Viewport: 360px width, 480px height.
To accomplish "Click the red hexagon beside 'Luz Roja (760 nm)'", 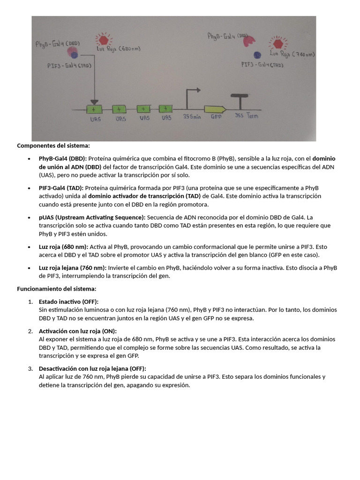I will [x=278, y=45].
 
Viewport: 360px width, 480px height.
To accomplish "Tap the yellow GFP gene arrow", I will [x=215, y=109].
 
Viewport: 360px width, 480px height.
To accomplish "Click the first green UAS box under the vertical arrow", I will [x=94, y=109].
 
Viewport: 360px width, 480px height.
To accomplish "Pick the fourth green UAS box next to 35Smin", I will [x=166, y=109].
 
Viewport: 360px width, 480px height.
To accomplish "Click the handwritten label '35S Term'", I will [x=246, y=116].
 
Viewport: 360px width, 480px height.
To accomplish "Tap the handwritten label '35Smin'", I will [x=192, y=117].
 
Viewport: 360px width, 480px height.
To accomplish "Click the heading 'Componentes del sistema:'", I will [x=53, y=145].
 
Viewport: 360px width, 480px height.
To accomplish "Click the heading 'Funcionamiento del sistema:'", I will [x=56, y=288].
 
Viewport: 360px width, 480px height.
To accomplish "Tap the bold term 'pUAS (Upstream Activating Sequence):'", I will [x=92, y=217].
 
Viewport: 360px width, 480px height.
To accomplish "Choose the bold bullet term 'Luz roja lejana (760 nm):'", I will [x=73, y=268].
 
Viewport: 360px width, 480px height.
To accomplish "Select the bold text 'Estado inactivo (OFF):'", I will [x=68, y=301].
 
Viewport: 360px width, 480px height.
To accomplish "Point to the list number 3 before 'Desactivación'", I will [x=30, y=368].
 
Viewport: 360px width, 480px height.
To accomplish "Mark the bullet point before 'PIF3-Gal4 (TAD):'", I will [x=30, y=188].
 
